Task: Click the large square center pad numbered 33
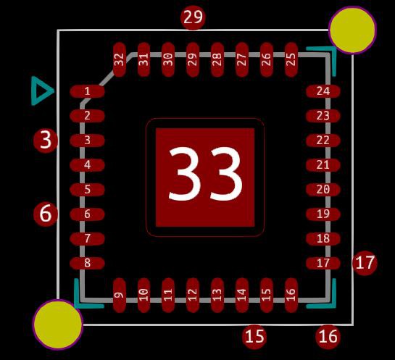pos(205,177)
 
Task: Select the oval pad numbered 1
pos(87,91)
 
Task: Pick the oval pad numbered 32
pos(120,59)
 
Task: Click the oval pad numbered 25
pos(291,59)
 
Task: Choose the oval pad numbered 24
pos(323,91)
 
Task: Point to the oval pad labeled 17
pos(323,263)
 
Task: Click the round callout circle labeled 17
pos(365,263)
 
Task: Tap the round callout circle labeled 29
pos(194,17)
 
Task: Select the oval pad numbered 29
pos(193,59)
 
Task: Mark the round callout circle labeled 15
pos(254,337)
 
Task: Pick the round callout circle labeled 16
pos(328,337)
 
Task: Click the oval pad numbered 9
pos(120,296)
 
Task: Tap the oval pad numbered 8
pos(87,263)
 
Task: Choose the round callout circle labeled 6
pos(46,214)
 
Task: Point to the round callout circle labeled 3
pos(46,141)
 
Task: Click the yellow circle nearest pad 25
pos(353,30)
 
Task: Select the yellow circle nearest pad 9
pos(58,325)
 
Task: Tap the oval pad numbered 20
pos(323,190)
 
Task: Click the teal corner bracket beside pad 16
pos(333,306)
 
